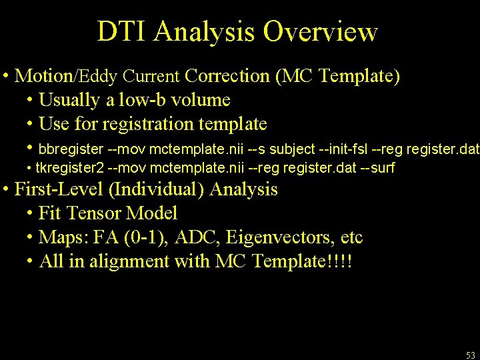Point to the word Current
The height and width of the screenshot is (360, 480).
(155, 76)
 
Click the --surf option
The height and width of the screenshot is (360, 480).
(378, 167)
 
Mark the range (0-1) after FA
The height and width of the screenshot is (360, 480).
(147, 237)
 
